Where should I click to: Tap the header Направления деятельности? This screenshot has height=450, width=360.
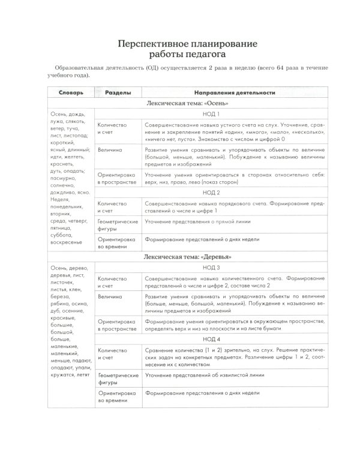[235, 92]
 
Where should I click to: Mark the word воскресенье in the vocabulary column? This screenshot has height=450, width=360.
[68, 244]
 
